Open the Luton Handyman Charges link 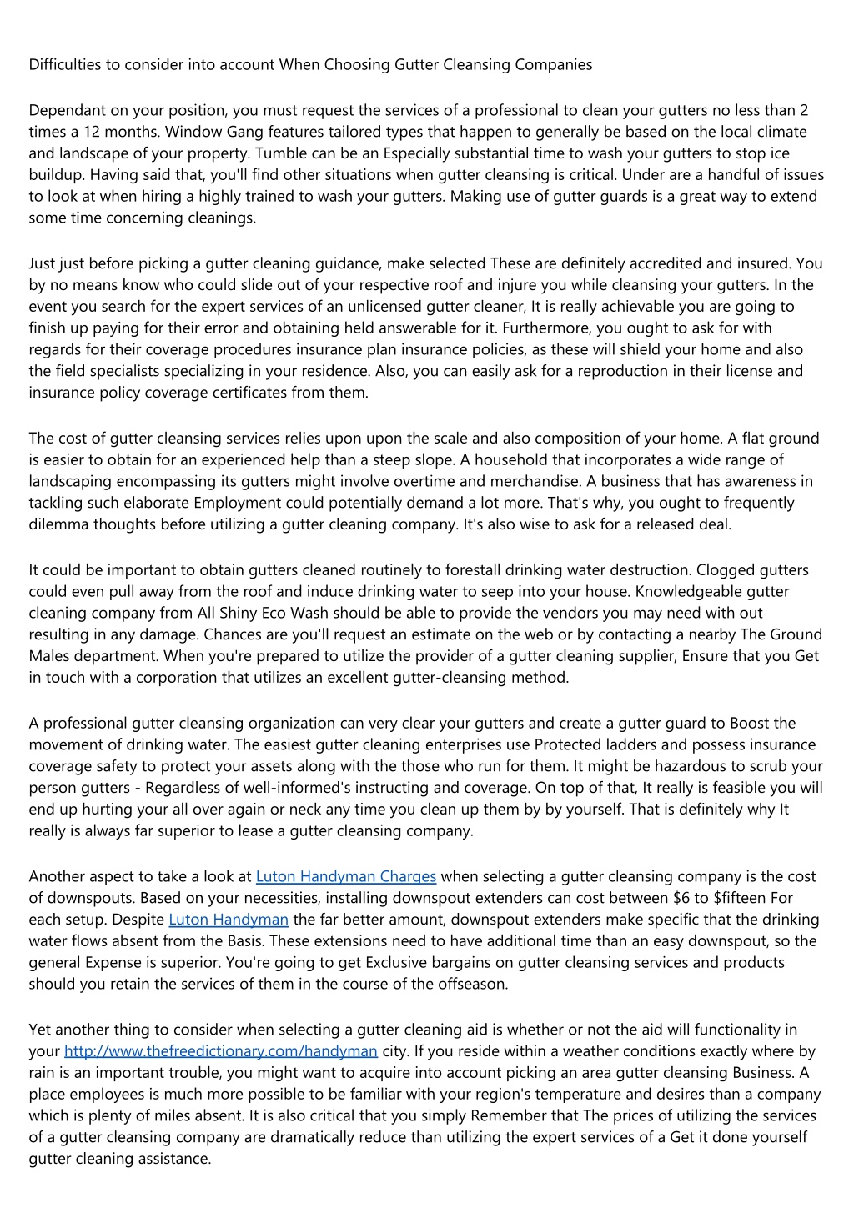tap(346, 876)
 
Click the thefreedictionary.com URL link tap(221, 1051)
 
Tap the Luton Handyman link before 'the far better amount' tap(229, 920)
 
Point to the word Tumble tap(279, 153)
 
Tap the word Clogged tap(725, 570)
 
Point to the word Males tap(49, 656)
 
